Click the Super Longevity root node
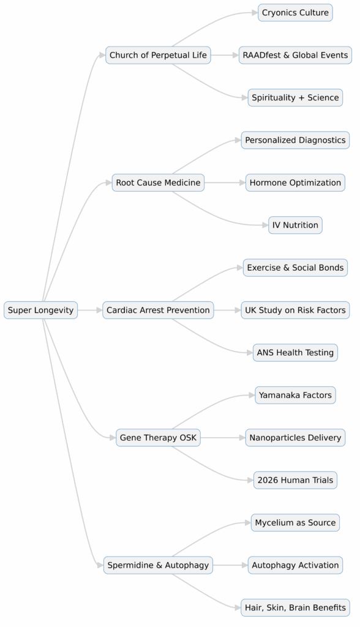point(41,310)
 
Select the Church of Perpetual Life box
point(158,55)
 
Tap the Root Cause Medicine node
point(158,182)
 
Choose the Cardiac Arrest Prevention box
point(158,310)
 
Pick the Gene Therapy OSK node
point(158,438)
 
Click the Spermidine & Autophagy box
point(158,565)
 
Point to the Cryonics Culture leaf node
point(295,13)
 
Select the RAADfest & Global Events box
point(295,55)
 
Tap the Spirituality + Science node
point(295,97)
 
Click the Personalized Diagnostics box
point(295,140)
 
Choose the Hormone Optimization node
point(295,182)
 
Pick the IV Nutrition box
point(295,225)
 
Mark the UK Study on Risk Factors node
point(295,310)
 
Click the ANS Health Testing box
point(295,353)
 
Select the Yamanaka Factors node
point(295,395)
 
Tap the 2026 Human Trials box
point(295,480)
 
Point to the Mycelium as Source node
point(295,523)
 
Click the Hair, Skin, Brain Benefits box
point(295,608)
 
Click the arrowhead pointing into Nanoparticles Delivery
point(242,438)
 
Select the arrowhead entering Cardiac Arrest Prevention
point(100,310)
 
